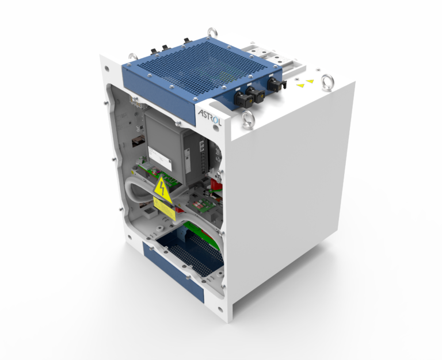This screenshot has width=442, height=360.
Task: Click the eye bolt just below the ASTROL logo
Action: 248,120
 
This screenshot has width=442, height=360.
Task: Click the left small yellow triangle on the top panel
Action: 300,86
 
